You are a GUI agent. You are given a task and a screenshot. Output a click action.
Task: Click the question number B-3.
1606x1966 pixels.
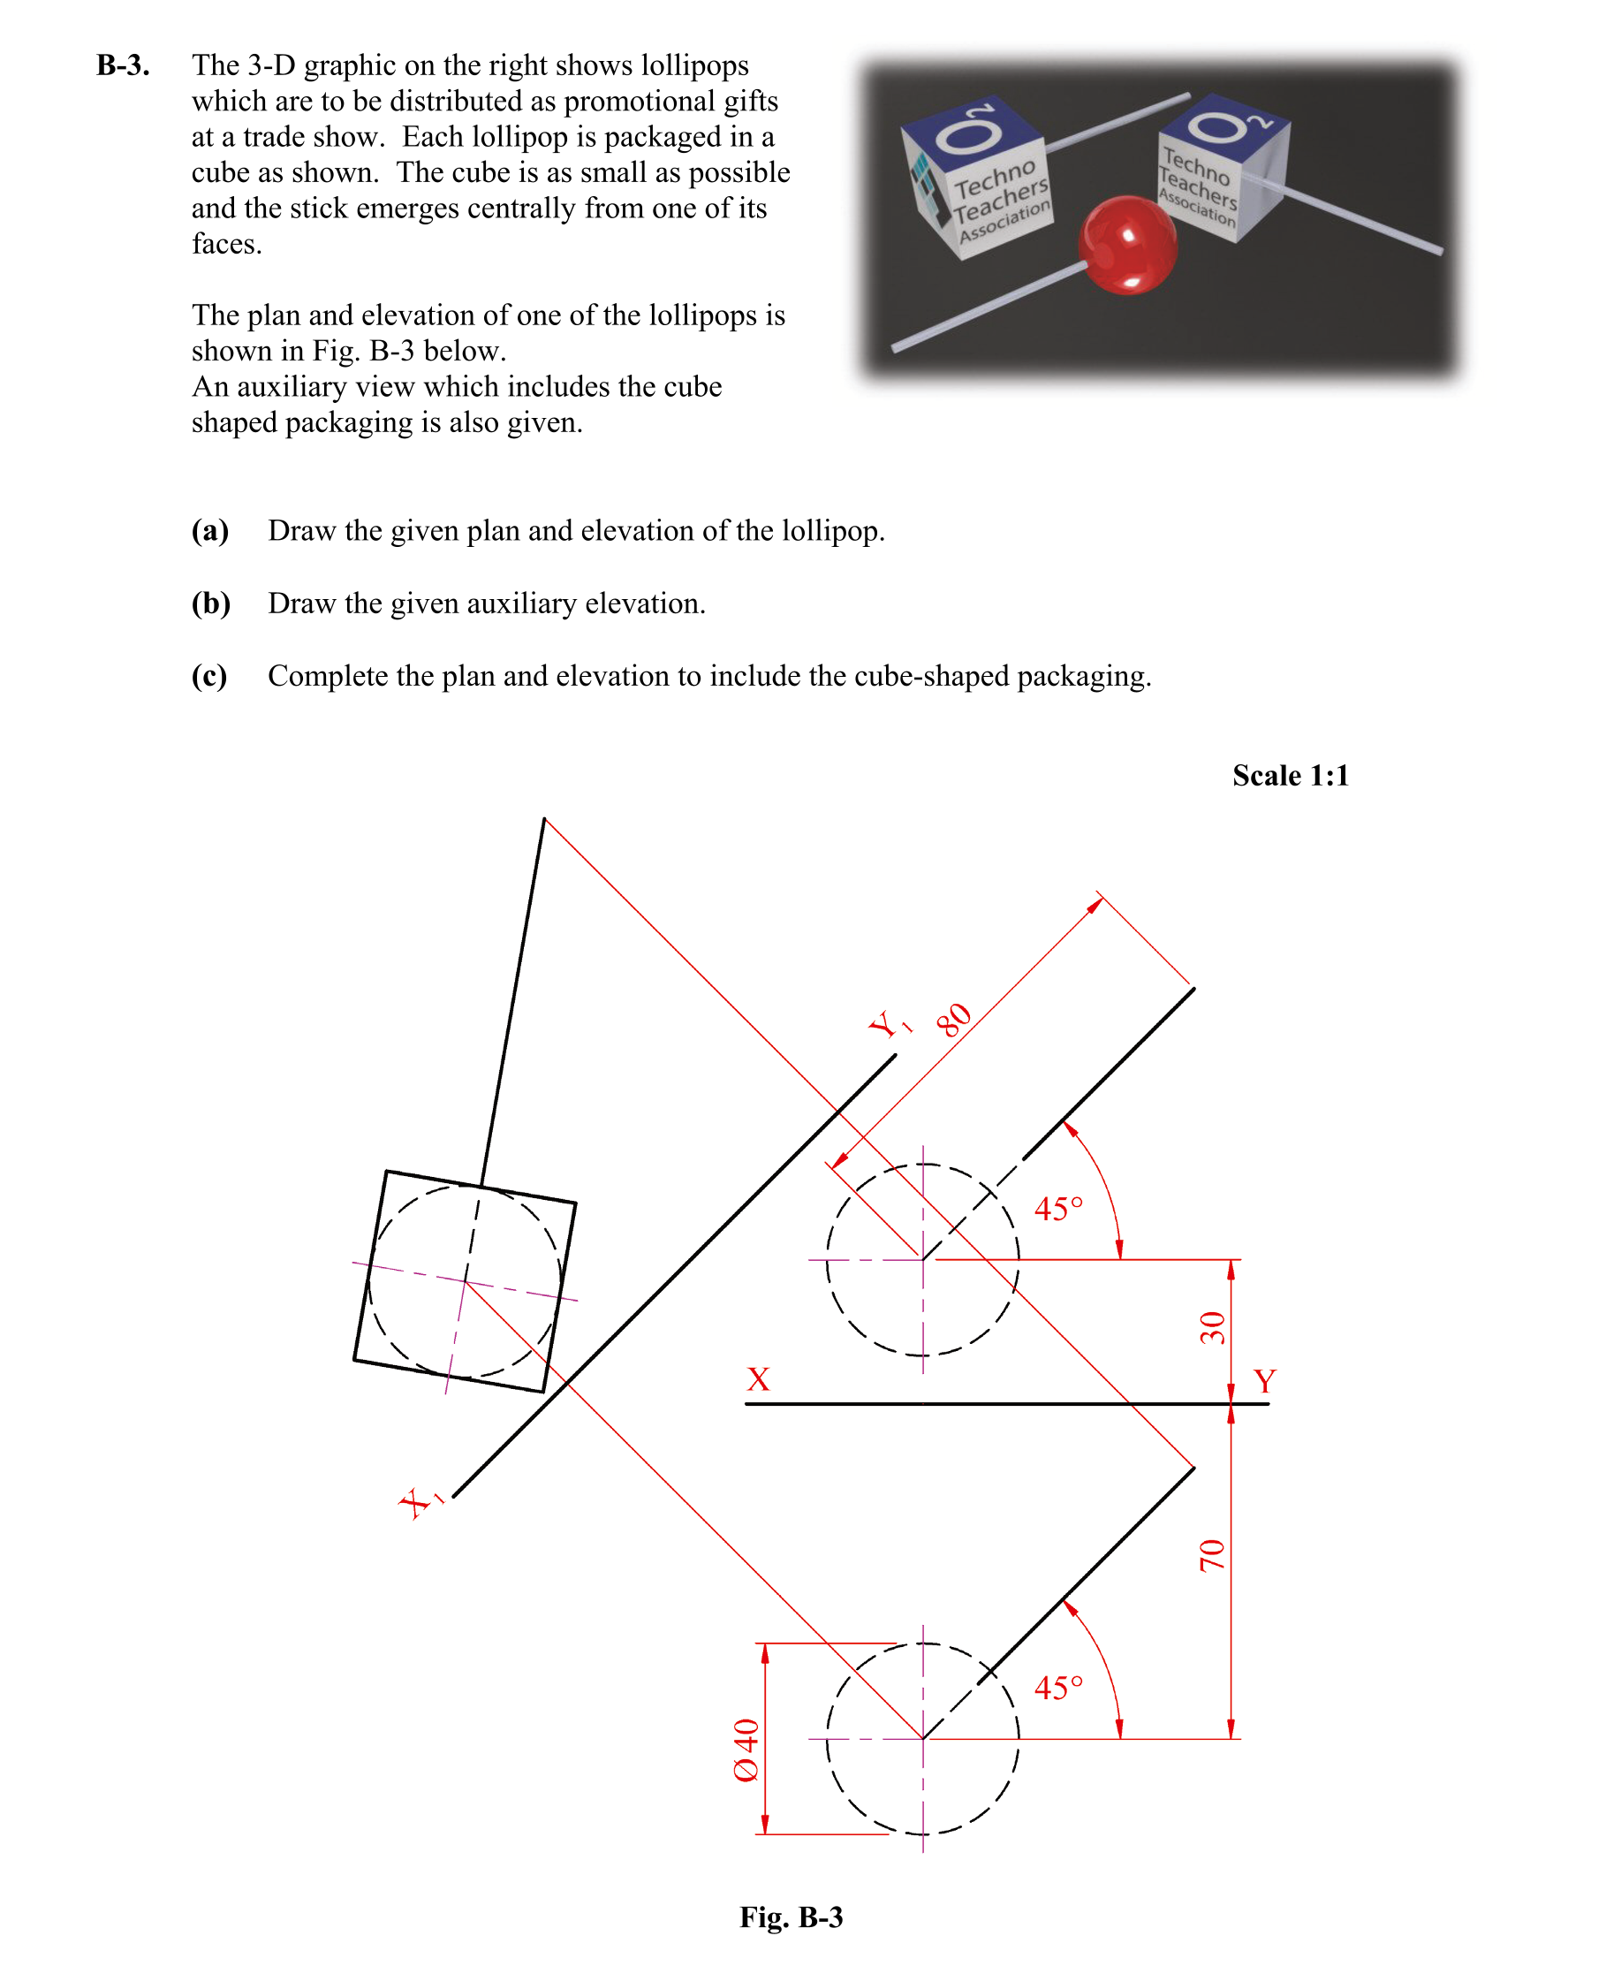click(122, 65)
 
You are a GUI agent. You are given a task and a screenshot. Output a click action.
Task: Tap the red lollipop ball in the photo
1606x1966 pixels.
click(1127, 244)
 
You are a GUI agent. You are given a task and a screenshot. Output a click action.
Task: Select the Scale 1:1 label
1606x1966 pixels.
click(1290, 775)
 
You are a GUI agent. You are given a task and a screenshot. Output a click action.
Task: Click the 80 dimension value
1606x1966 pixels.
click(953, 1020)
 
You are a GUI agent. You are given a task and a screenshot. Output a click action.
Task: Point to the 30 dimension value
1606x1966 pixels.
click(1212, 1328)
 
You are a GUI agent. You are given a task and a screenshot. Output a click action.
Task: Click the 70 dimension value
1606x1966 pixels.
click(1212, 1556)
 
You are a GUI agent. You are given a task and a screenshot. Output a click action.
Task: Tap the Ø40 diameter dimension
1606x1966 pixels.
click(746, 1750)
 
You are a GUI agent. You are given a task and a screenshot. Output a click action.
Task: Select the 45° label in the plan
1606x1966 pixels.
click(1057, 1689)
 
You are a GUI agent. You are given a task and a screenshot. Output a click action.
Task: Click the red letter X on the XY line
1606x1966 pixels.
click(758, 1379)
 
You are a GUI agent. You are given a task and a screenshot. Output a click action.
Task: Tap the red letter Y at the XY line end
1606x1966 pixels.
click(1264, 1381)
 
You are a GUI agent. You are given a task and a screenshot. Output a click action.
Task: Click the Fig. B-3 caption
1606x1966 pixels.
click(791, 1917)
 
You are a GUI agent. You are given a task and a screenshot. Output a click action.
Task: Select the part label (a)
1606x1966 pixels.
click(210, 531)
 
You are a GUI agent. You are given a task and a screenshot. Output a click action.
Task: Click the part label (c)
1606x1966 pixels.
click(209, 676)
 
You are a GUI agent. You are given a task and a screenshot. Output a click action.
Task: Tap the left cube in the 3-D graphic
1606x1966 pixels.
click(977, 177)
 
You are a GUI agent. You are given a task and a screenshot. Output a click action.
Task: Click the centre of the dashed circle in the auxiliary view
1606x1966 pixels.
click(465, 1281)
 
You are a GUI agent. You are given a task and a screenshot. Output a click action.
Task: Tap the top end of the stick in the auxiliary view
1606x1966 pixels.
click(544, 819)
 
